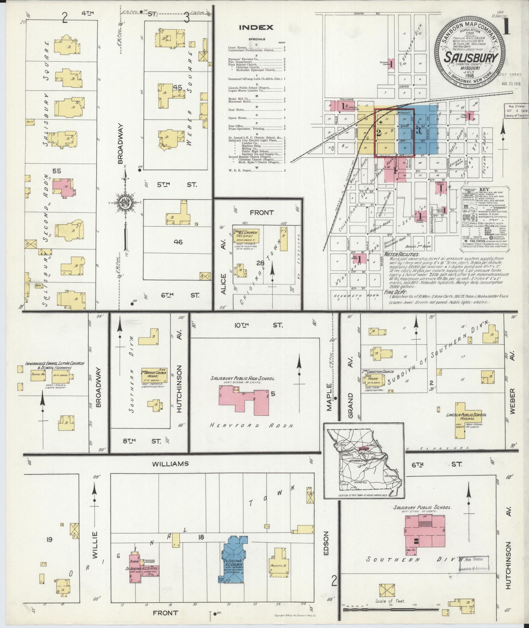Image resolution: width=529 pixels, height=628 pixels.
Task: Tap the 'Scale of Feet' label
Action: pyautogui.click(x=390, y=601)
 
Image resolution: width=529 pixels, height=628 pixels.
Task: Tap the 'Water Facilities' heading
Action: pyautogui.click(x=402, y=254)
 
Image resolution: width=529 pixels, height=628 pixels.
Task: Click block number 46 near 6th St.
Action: pyautogui.click(x=178, y=242)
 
